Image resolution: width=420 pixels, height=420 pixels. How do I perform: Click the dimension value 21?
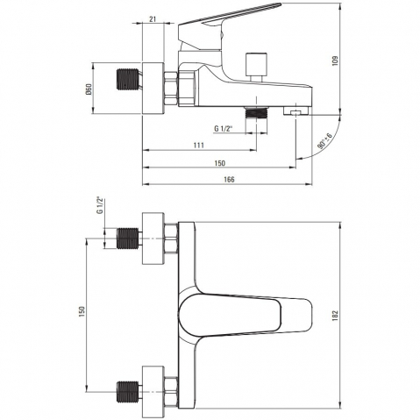point(153,19)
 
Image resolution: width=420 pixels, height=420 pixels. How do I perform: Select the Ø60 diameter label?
point(89,89)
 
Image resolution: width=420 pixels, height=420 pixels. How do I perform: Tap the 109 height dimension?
point(335,61)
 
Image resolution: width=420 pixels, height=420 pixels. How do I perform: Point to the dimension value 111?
point(199,145)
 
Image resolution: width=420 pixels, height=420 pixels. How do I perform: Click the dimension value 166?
point(229,180)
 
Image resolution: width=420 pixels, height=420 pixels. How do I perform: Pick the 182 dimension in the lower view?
point(335,316)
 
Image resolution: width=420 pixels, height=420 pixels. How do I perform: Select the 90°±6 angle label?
point(324,141)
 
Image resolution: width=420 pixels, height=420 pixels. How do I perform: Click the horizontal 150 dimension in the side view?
point(220,163)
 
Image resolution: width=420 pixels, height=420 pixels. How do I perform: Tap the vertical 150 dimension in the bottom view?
point(82,311)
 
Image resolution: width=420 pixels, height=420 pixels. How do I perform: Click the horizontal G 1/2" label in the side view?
point(224,128)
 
